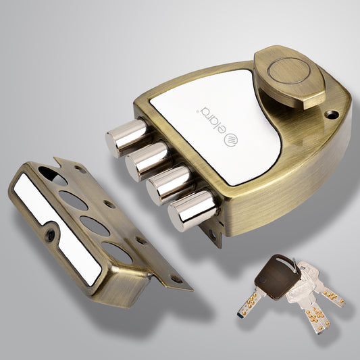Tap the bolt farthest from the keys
[x=126, y=136]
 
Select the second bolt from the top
[x=148, y=159]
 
